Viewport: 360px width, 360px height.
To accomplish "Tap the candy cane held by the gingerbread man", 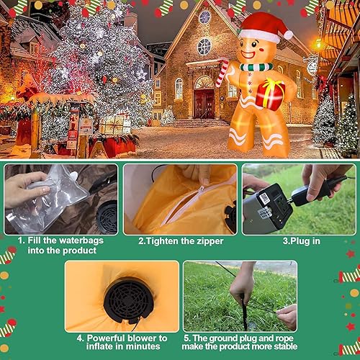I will pos(222,74).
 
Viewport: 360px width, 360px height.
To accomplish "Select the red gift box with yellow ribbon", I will pos(270,94).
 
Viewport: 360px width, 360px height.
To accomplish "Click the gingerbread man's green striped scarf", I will pos(256,67).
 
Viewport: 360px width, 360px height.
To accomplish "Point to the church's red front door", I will pos(204,102).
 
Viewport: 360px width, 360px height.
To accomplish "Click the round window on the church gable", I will pos(204,47).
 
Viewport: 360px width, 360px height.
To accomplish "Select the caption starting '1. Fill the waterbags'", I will pos(57,245).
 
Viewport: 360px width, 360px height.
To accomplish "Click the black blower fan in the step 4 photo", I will pos(127,299).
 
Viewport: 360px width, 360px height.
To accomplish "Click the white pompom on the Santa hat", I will pos(288,34).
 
